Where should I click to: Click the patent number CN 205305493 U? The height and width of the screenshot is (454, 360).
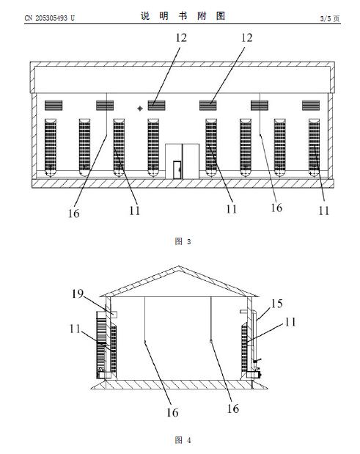click(49, 18)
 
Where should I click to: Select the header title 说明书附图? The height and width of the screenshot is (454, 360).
click(183, 15)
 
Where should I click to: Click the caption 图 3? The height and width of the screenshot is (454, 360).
click(183, 241)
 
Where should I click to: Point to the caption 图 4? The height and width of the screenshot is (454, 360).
click(183, 440)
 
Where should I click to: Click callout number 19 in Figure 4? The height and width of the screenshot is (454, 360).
click(78, 294)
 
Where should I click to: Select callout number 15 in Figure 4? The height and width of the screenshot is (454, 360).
click(276, 304)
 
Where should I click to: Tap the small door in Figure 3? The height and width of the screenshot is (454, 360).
click(177, 169)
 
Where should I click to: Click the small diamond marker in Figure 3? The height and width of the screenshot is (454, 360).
click(140, 109)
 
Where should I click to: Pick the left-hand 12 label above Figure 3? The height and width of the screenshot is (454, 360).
click(181, 37)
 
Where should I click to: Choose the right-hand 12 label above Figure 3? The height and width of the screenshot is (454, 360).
click(247, 37)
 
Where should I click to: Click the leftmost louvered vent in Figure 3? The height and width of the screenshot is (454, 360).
click(54, 106)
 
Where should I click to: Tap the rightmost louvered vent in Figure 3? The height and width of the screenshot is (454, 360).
click(311, 106)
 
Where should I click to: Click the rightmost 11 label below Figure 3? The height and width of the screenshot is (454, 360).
click(324, 210)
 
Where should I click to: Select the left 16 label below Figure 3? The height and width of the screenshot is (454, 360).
click(73, 213)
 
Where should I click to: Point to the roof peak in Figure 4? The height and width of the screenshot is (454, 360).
click(179, 266)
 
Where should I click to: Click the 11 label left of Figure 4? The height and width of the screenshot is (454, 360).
click(75, 329)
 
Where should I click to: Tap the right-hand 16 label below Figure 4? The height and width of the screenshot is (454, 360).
click(233, 409)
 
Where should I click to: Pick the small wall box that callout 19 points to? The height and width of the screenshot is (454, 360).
click(114, 315)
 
